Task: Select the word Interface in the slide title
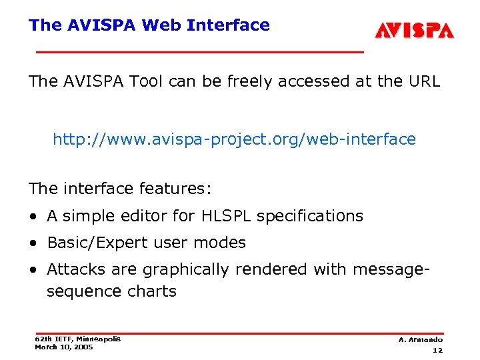tap(228, 25)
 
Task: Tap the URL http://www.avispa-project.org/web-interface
tap(234, 139)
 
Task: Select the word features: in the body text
tap(175, 189)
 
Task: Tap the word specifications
tap(310, 216)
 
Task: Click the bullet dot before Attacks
tap(33, 270)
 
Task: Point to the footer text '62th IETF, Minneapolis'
tap(77, 339)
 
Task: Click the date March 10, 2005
tap(64, 347)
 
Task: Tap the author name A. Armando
tap(421, 340)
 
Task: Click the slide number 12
tap(437, 351)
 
